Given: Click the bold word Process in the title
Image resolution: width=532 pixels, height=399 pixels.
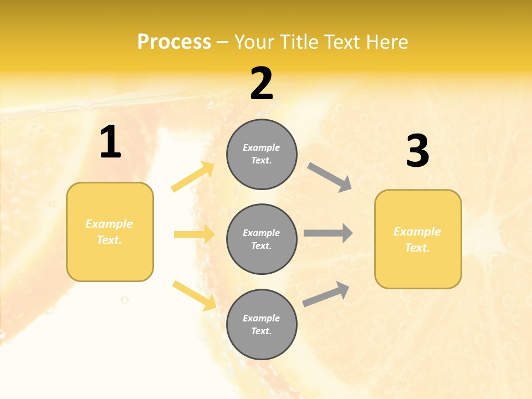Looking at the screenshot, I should point(174,42).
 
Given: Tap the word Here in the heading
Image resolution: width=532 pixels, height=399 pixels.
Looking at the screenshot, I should point(385,42).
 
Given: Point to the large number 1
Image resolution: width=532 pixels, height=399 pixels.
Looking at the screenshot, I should point(110,142).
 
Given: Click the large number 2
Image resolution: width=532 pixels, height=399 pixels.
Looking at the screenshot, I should point(262,84).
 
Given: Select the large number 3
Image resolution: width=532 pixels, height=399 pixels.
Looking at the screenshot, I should point(417,151).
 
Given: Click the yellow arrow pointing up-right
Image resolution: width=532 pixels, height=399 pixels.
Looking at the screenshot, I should point(193,177).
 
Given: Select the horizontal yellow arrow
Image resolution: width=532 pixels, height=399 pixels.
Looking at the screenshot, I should point(194,234).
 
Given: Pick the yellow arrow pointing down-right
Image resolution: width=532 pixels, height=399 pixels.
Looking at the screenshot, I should point(194,295).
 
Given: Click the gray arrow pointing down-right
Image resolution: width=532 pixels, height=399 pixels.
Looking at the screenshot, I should point(330,177).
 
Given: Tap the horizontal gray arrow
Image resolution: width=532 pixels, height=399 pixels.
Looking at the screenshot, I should point(328,233).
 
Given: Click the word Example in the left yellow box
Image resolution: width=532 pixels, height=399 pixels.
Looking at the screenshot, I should point(109,224).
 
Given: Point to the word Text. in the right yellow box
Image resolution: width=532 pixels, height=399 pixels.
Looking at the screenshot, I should point(417,248).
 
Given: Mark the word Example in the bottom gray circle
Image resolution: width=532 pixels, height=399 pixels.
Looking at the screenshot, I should point(262,318).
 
